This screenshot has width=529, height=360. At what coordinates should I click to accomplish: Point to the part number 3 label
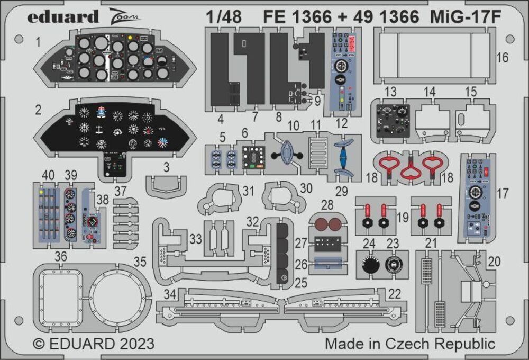tap(166, 168)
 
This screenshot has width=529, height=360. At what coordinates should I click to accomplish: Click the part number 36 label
tap(61, 256)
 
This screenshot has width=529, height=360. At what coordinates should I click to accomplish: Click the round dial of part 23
tap(393, 263)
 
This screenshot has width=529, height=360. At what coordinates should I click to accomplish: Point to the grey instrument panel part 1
tap(114, 60)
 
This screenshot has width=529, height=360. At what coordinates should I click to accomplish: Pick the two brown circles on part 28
tap(327, 224)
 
